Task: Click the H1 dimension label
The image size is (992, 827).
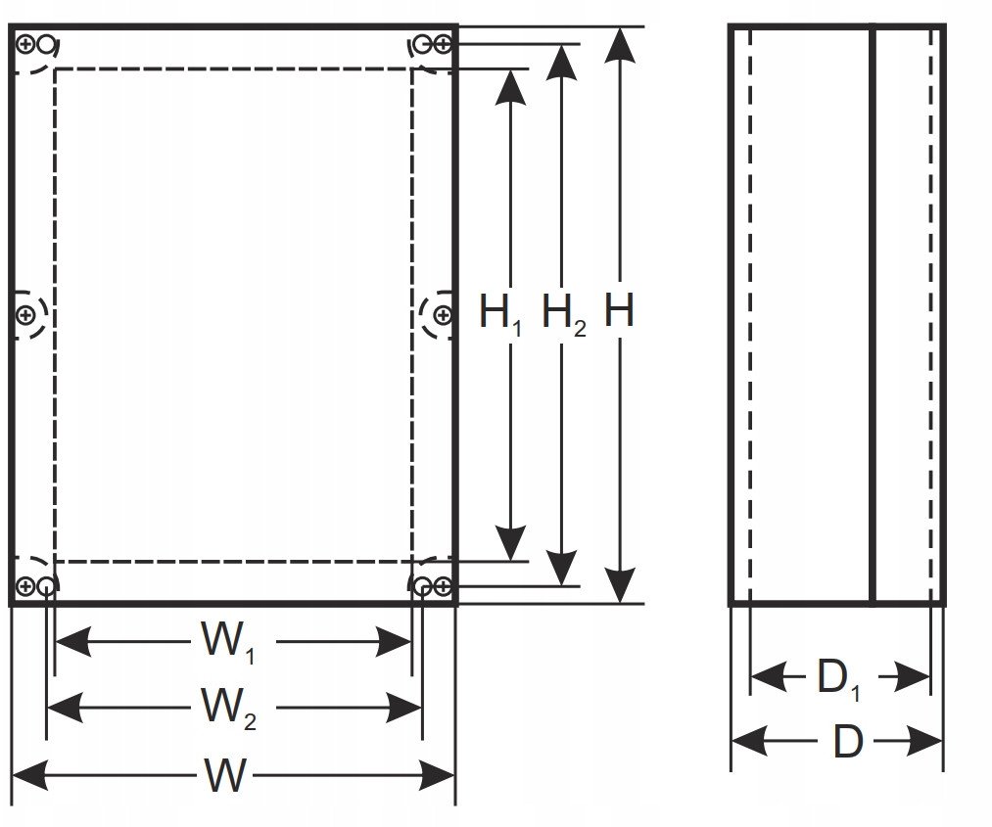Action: (x=499, y=314)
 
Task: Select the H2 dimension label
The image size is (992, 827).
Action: (x=564, y=314)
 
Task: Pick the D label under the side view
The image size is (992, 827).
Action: (x=848, y=741)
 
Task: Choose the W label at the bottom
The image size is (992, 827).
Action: (x=225, y=775)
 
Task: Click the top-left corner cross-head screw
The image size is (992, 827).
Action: (x=25, y=44)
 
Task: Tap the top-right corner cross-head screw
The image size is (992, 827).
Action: (x=443, y=44)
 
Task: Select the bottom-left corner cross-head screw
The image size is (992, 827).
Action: (x=25, y=586)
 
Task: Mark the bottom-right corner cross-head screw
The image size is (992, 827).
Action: (x=443, y=586)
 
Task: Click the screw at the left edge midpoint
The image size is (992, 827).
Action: (x=25, y=314)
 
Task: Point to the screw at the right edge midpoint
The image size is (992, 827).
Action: (x=443, y=314)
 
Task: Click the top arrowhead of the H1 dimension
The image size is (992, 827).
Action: (x=510, y=87)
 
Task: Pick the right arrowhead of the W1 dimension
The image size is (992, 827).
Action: (x=394, y=642)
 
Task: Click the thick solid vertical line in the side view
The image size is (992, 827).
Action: (x=874, y=315)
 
